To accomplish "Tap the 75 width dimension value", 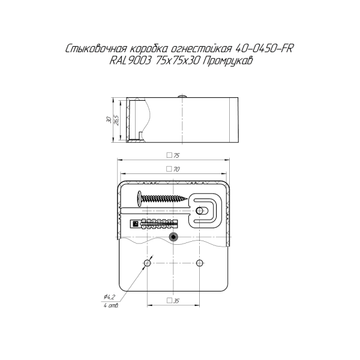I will click(x=176, y=155).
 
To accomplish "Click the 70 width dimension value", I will click(x=176, y=169).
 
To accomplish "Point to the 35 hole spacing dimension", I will click(x=176, y=301).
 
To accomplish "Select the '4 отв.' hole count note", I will click(x=110, y=306).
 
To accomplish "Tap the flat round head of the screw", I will click(x=139, y=196).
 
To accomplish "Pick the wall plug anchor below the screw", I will click(x=156, y=224).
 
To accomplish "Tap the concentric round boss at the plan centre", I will click(x=174, y=237).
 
